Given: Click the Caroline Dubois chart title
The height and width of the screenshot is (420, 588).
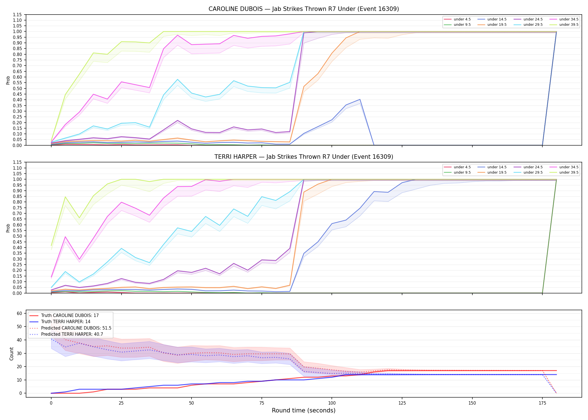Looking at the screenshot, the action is (x=304, y=9).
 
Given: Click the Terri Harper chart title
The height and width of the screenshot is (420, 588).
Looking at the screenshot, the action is (x=304, y=157).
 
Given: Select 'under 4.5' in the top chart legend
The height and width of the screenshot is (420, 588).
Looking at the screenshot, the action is (x=462, y=19).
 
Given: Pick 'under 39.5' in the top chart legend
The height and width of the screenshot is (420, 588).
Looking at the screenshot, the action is (x=569, y=25).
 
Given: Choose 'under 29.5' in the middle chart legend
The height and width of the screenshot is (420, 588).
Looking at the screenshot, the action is (x=533, y=172).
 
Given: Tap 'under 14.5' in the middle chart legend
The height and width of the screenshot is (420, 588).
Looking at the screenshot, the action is (x=497, y=167).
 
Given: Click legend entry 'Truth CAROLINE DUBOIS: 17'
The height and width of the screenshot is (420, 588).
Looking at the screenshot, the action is (x=70, y=316).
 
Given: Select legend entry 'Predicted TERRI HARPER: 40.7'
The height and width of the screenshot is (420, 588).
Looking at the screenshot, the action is (x=72, y=334).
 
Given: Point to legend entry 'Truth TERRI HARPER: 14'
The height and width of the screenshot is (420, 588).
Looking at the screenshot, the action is (x=66, y=322).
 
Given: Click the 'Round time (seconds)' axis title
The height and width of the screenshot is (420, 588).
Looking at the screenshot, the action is (x=304, y=410).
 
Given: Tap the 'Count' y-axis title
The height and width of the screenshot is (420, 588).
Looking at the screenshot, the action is (x=11, y=354).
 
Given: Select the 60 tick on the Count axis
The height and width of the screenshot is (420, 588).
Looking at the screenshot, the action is (x=19, y=313).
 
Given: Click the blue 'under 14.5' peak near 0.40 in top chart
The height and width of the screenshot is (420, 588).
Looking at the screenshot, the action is (x=360, y=99).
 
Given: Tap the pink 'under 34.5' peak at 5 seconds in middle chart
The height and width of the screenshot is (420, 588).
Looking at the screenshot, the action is (x=65, y=237).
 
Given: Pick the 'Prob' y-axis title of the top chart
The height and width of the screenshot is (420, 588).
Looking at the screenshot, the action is (x=8, y=80).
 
